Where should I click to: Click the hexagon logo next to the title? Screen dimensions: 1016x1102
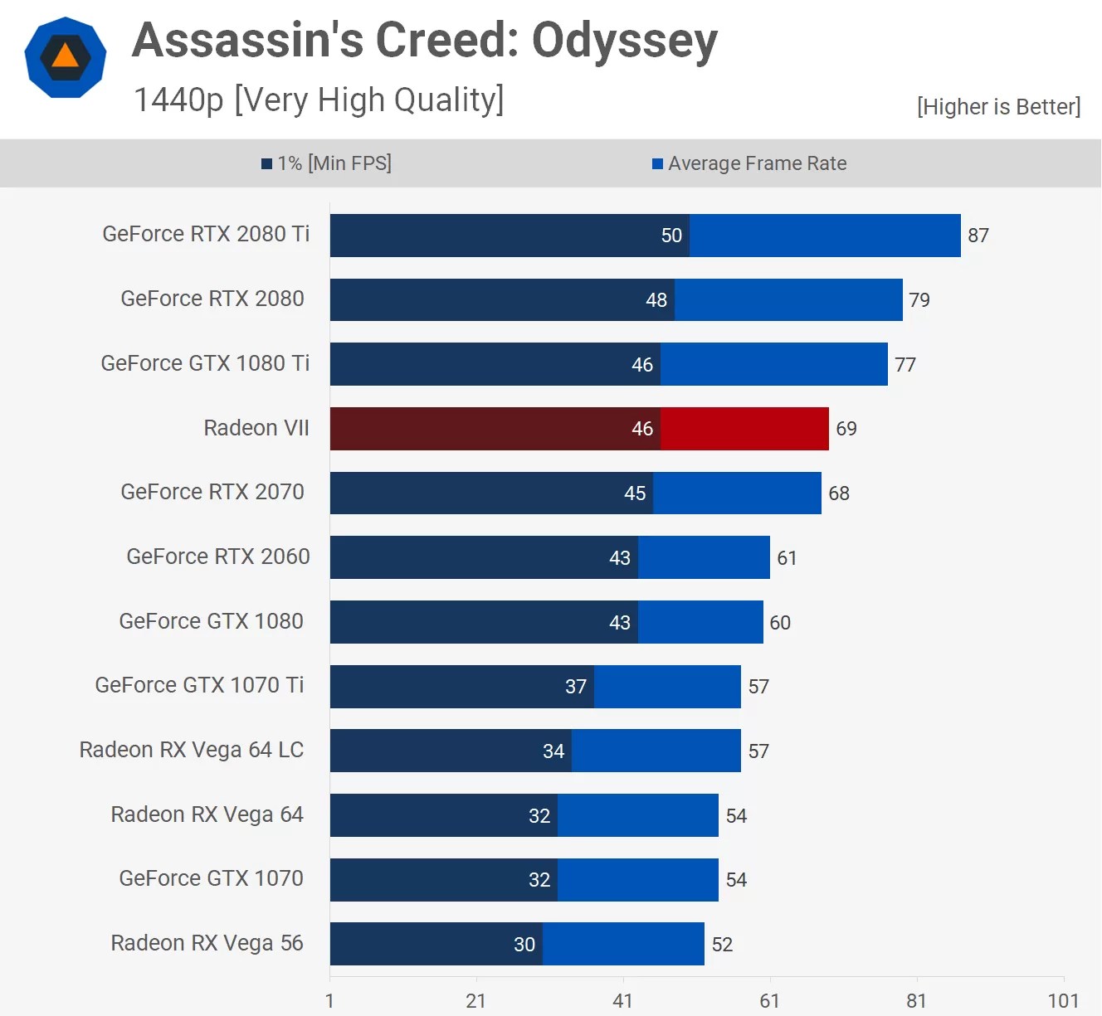[66, 57]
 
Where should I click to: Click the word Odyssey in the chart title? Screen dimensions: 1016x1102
[624, 41]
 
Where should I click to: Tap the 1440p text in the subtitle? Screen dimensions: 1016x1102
[178, 100]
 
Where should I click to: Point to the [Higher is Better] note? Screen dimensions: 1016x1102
[998, 107]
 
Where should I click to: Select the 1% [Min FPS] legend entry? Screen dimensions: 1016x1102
[327, 163]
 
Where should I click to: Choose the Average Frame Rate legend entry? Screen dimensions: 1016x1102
[749, 163]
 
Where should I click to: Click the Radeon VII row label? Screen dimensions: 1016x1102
[256, 428]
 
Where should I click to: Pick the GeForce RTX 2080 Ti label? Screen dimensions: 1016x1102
[206, 234]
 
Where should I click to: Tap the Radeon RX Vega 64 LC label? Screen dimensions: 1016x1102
[192, 750]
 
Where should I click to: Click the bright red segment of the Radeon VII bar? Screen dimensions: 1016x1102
[744, 429]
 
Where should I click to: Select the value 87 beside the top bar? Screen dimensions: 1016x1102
[978, 236]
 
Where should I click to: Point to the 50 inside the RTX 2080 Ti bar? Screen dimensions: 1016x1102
[671, 236]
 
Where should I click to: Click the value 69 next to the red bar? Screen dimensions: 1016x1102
[846, 429]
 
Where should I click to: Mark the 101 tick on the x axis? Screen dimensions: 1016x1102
[1063, 1001]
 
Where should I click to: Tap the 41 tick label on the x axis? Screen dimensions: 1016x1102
[622, 1001]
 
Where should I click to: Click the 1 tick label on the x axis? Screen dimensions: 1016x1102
[329, 1001]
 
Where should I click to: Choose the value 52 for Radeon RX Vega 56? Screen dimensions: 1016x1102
[722, 945]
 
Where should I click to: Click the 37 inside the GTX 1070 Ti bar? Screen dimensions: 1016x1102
[576, 687]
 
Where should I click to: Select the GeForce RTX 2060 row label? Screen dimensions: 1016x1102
[218, 557]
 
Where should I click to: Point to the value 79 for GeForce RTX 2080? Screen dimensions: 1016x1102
[919, 300]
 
